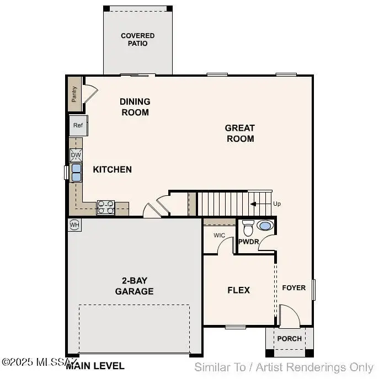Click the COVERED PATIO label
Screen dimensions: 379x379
(x=138, y=40)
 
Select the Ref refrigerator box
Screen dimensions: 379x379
(x=78, y=126)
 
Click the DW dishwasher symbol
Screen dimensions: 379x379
(x=76, y=155)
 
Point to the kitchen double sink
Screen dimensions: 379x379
(x=76, y=173)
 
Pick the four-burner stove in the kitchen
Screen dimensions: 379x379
(x=105, y=207)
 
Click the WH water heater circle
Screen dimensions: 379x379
(x=74, y=225)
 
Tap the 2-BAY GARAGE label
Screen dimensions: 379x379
(x=134, y=287)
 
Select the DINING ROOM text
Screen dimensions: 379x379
(x=135, y=107)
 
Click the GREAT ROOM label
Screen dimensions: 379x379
(x=240, y=134)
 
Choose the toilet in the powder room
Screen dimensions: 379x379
(x=248, y=227)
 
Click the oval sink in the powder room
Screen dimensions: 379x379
(x=265, y=226)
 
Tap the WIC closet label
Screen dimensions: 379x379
(x=219, y=236)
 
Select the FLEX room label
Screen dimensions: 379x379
(x=239, y=290)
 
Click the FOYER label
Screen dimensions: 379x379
(x=294, y=288)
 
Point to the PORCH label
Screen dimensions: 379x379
(x=290, y=339)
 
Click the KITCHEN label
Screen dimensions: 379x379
(x=112, y=169)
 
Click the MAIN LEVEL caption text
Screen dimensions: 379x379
(x=95, y=366)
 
